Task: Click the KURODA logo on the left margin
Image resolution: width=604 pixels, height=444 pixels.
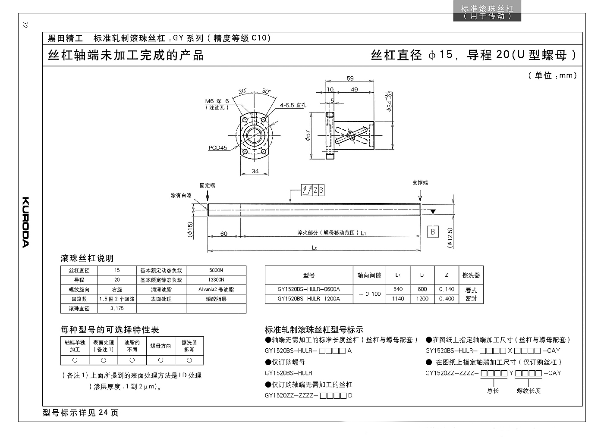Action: click(25, 222)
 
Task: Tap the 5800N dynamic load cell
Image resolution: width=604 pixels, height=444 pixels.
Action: click(216, 270)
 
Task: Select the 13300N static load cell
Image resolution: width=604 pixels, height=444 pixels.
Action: click(216, 280)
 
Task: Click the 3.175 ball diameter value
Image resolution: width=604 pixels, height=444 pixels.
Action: click(117, 309)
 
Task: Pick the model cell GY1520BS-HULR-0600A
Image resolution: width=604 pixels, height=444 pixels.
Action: click(309, 289)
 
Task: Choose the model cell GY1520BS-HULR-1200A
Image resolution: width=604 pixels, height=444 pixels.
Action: click(309, 299)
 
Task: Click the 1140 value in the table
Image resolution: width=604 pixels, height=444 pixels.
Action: click(398, 299)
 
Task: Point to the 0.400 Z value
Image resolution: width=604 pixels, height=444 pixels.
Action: click(447, 299)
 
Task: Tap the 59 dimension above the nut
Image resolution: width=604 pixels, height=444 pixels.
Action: click(350, 78)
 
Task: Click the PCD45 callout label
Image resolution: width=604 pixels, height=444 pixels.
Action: click(218, 147)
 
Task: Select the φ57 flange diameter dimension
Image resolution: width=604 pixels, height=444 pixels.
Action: click(308, 135)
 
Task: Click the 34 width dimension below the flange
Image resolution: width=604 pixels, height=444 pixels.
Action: click(255, 171)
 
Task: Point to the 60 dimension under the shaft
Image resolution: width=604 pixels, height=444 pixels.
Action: click(224, 234)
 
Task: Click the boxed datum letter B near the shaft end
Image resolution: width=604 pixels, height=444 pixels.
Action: click(433, 232)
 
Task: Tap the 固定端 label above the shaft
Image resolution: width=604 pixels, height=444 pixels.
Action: click(208, 185)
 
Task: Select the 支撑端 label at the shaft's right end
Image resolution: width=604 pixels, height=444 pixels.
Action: click(420, 183)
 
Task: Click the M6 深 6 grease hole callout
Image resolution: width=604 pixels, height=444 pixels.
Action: click(217, 101)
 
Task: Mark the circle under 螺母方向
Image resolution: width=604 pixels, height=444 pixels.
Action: click(160, 360)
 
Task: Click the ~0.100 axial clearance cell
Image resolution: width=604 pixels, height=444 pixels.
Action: click(369, 294)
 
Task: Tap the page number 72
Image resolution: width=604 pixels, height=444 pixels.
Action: click(25, 25)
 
